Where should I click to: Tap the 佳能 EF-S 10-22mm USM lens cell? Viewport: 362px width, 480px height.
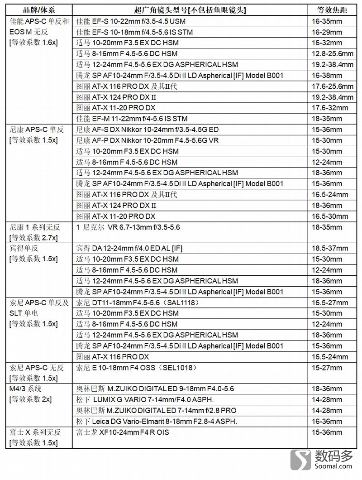[131, 21]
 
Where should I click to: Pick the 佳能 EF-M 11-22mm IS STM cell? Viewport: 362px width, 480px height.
[132, 119]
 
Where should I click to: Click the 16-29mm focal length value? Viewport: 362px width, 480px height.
[327, 32]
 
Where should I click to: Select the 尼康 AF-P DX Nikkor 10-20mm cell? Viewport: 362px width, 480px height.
[148, 140]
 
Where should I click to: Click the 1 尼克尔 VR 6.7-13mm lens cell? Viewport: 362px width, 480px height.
[128, 227]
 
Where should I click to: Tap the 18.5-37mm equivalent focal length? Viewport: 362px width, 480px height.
[330, 248]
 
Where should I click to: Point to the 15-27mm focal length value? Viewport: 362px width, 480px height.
[327, 367]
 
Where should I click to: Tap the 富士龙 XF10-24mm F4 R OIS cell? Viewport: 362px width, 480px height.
[123, 432]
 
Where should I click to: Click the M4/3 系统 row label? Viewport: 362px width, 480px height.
[25, 389]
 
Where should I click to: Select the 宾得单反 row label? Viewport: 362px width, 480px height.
[23, 248]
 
